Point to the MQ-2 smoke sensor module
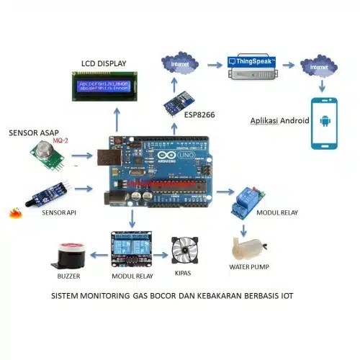tap(45, 153)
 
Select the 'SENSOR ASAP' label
tap(32, 133)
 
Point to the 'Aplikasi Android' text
tap(279, 120)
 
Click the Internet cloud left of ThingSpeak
tap(181, 64)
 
